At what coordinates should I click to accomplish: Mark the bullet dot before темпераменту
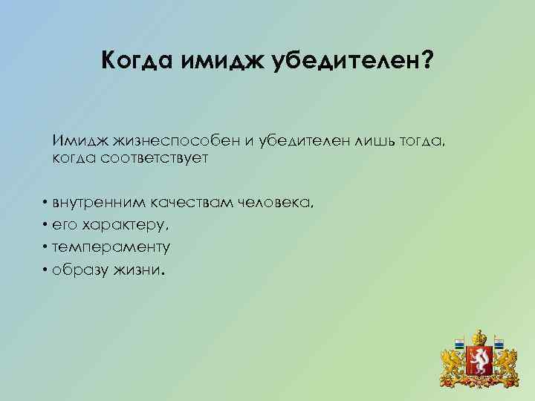coord(46,246)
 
